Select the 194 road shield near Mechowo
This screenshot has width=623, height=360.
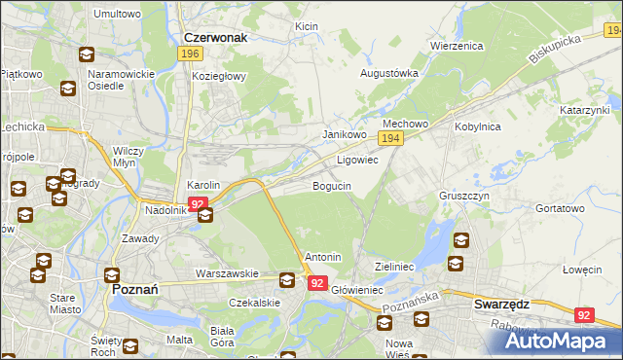tap(390, 140)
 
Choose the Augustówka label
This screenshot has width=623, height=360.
tap(389, 73)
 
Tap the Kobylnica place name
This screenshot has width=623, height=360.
tap(477, 126)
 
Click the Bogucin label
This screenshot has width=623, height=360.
tap(331, 185)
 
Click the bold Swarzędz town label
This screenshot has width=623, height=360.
tap(501, 304)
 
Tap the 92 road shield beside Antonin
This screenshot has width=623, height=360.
tap(317, 283)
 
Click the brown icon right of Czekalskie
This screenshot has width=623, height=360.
tap(287, 280)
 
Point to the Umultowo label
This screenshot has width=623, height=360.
tap(118, 15)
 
